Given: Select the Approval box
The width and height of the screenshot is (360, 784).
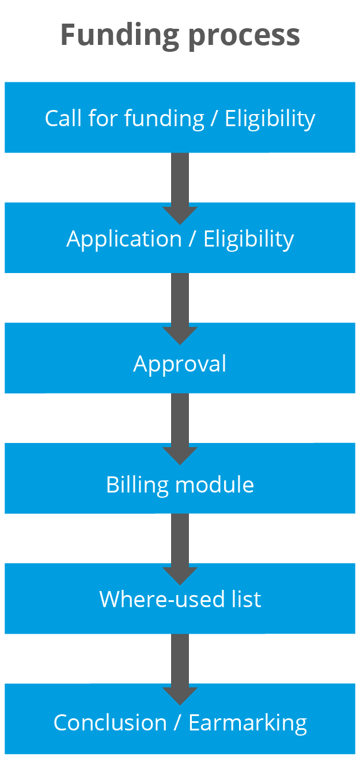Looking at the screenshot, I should [x=180, y=358].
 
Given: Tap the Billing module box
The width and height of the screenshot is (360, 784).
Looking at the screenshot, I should [x=180, y=478].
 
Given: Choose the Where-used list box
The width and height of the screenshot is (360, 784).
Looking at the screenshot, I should [x=180, y=599].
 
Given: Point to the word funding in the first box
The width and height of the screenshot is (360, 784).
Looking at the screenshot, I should [x=164, y=119].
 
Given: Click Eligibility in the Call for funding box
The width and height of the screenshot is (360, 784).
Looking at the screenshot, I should [x=270, y=119].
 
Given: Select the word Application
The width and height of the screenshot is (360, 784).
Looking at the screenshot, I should [x=124, y=239].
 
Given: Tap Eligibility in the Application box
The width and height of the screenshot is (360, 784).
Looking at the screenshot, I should [x=248, y=239].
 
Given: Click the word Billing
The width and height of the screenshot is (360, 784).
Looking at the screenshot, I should [x=138, y=485].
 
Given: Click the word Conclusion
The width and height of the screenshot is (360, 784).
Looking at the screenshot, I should [x=110, y=723].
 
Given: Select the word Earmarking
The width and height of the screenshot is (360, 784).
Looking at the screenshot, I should [x=248, y=724].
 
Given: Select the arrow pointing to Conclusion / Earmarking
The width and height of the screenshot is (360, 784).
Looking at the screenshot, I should [x=180, y=668].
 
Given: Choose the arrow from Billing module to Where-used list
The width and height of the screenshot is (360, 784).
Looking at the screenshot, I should [x=180, y=547].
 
